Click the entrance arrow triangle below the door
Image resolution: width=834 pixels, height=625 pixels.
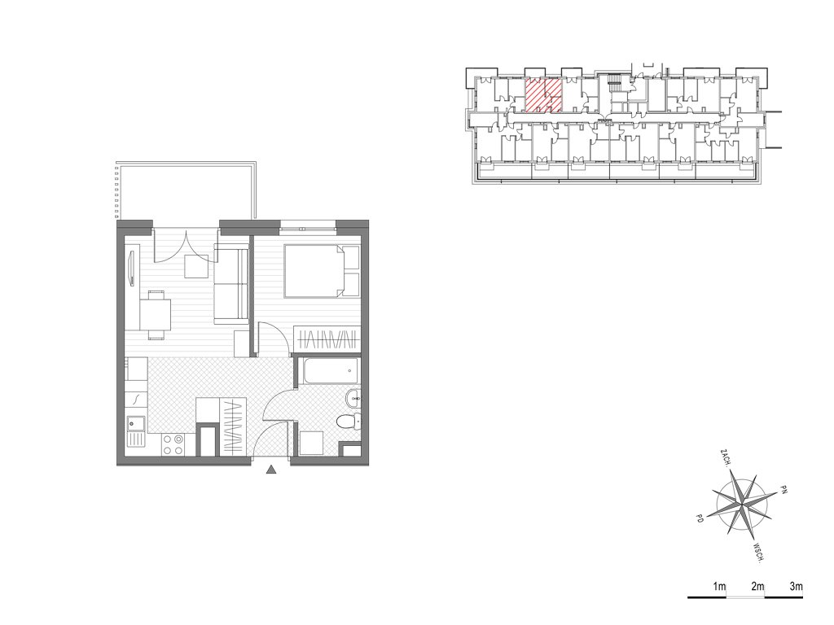point(271,470)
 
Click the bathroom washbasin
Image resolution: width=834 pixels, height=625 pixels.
point(353,397)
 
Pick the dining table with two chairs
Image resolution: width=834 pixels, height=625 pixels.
point(156,315)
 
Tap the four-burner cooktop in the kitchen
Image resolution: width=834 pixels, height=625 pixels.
point(173,445)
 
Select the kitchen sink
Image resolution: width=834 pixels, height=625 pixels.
point(136,423)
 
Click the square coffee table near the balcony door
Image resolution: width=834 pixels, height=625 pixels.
point(196,266)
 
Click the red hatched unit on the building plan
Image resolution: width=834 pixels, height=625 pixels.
point(543,96)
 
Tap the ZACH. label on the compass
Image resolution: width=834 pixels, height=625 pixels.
point(724,457)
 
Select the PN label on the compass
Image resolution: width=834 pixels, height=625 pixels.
point(783,489)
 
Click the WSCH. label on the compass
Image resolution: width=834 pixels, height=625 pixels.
point(759,553)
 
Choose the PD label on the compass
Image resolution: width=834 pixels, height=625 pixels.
point(699,518)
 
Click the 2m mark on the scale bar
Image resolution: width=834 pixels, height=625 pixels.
point(758,587)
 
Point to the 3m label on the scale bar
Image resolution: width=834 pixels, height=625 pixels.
point(796,587)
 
